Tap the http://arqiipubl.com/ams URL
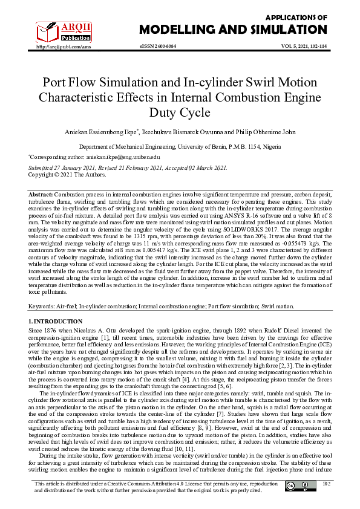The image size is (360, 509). tap(64, 47)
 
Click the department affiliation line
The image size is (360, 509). tap(180, 147)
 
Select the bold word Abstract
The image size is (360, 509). tap(41, 195)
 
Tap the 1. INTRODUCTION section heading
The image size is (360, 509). tap(55, 321)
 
